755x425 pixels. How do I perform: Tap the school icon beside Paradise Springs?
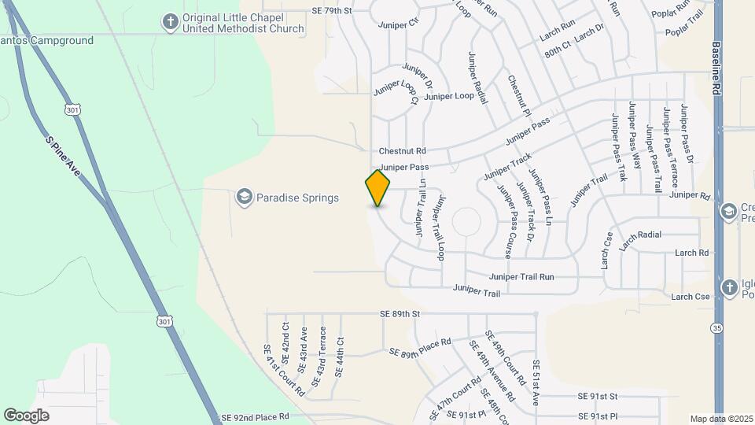coord(244,197)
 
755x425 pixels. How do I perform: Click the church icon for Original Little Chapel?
coord(170,22)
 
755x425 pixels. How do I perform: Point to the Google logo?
coord(27,415)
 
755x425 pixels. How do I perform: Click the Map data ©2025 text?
coord(720,419)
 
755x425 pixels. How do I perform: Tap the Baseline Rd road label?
coord(717,69)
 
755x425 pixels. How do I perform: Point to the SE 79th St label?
coord(332,10)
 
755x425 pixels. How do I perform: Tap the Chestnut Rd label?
coord(402,150)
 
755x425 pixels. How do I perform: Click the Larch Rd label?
coord(692,253)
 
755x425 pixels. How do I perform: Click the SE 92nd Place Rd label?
coord(256,416)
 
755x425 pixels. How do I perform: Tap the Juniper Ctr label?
coord(399,24)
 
